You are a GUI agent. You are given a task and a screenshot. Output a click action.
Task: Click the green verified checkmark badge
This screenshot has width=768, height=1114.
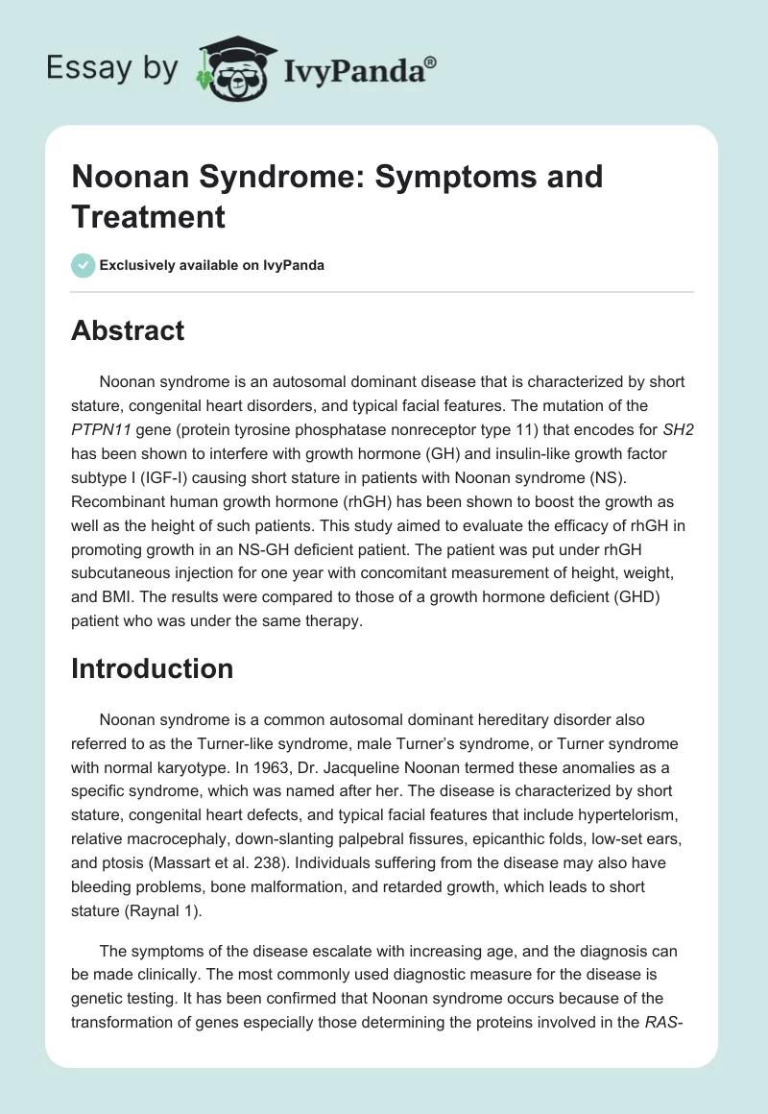[x=83, y=265]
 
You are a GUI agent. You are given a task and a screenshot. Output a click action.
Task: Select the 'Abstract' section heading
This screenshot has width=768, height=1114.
[x=128, y=330]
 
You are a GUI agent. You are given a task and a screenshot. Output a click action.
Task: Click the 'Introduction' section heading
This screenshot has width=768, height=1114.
[x=152, y=668]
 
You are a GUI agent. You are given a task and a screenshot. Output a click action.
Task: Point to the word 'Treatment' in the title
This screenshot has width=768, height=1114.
[x=148, y=216]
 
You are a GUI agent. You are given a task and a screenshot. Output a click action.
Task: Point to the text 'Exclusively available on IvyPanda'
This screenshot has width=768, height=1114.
[x=213, y=265]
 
